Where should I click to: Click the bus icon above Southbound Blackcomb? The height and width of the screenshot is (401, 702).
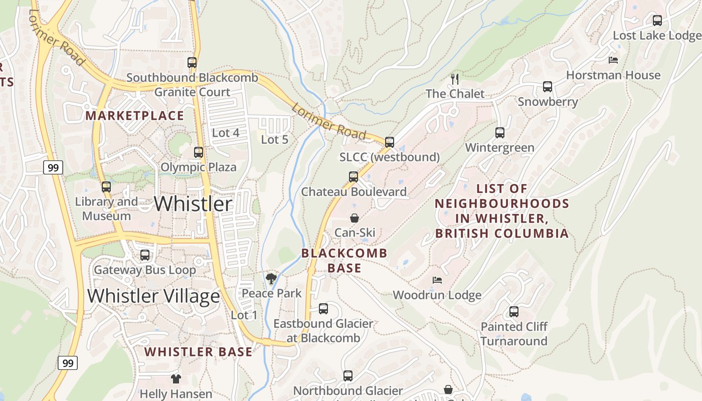click(x=192, y=63)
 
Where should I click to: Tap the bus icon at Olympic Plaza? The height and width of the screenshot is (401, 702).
click(x=199, y=152)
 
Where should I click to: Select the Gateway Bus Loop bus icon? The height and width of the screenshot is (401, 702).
click(x=145, y=255)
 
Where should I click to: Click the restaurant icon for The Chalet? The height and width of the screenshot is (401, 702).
click(x=455, y=79)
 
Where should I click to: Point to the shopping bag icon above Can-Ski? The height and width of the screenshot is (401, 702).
click(x=355, y=218)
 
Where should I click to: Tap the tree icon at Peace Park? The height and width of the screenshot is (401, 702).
click(x=271, y=279)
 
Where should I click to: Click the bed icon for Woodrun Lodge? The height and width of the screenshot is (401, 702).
click(x=437, y=280)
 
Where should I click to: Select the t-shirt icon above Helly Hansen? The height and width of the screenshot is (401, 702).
click(x=175, y=379)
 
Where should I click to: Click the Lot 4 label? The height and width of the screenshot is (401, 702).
click(x=226, y=133)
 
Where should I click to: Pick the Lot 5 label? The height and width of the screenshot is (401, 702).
click(x=275, y=140)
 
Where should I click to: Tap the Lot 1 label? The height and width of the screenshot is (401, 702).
click(x=244, y=315)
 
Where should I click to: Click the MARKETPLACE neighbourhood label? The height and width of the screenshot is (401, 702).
click(x=135, y=116)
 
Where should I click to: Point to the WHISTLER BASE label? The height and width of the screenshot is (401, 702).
click(x=199, y=352)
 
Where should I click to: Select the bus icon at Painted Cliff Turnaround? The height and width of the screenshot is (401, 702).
click(x=514, y=312)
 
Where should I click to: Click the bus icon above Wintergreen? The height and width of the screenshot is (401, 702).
click(x=500, y=133)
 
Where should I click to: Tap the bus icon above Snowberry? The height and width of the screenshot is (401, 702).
click(x=548, y=87)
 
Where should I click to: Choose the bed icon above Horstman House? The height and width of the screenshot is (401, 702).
click(x=613, y=60)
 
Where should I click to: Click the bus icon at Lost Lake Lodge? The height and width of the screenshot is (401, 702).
click(x=657, y=21)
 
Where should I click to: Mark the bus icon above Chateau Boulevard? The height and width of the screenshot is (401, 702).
click(x=354, y=177)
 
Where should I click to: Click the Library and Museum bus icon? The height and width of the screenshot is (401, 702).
click(x=106, y=187)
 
